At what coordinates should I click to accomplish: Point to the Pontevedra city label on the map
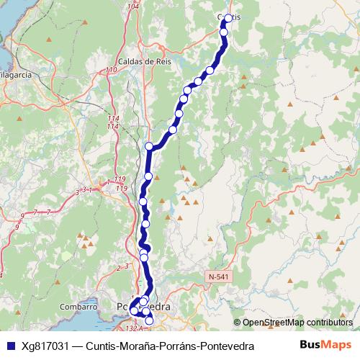144,307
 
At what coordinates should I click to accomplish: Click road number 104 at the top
132,6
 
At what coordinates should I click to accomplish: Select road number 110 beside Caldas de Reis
111,70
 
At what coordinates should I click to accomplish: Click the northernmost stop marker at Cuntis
229,19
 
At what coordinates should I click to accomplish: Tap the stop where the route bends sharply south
150,146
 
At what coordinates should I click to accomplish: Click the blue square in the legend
10,346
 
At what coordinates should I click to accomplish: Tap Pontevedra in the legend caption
227,346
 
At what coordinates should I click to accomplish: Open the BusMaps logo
325,345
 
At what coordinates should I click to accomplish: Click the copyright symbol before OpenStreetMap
238,322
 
